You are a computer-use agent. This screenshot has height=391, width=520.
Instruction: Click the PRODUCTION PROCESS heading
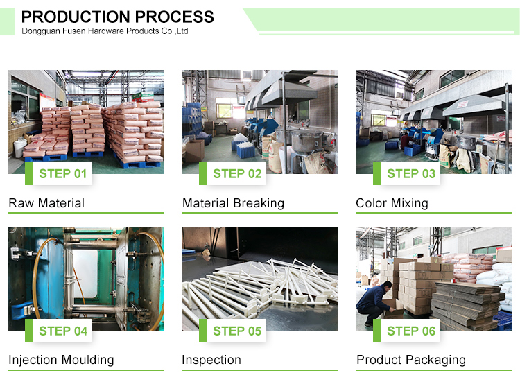118,17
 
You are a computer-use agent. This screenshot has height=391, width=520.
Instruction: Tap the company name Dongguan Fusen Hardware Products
105,31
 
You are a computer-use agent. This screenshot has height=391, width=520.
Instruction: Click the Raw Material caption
46,203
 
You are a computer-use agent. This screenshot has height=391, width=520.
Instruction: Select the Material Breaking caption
233,203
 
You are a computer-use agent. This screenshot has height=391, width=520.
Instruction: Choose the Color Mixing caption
392,203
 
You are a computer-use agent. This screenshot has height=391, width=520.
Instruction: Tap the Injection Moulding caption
61,360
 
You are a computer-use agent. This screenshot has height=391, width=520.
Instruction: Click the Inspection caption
211,360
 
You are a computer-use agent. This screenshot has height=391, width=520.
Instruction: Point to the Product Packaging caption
411,360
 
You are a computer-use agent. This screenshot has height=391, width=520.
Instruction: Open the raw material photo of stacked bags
86,118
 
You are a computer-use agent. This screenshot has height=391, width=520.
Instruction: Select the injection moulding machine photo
86,274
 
